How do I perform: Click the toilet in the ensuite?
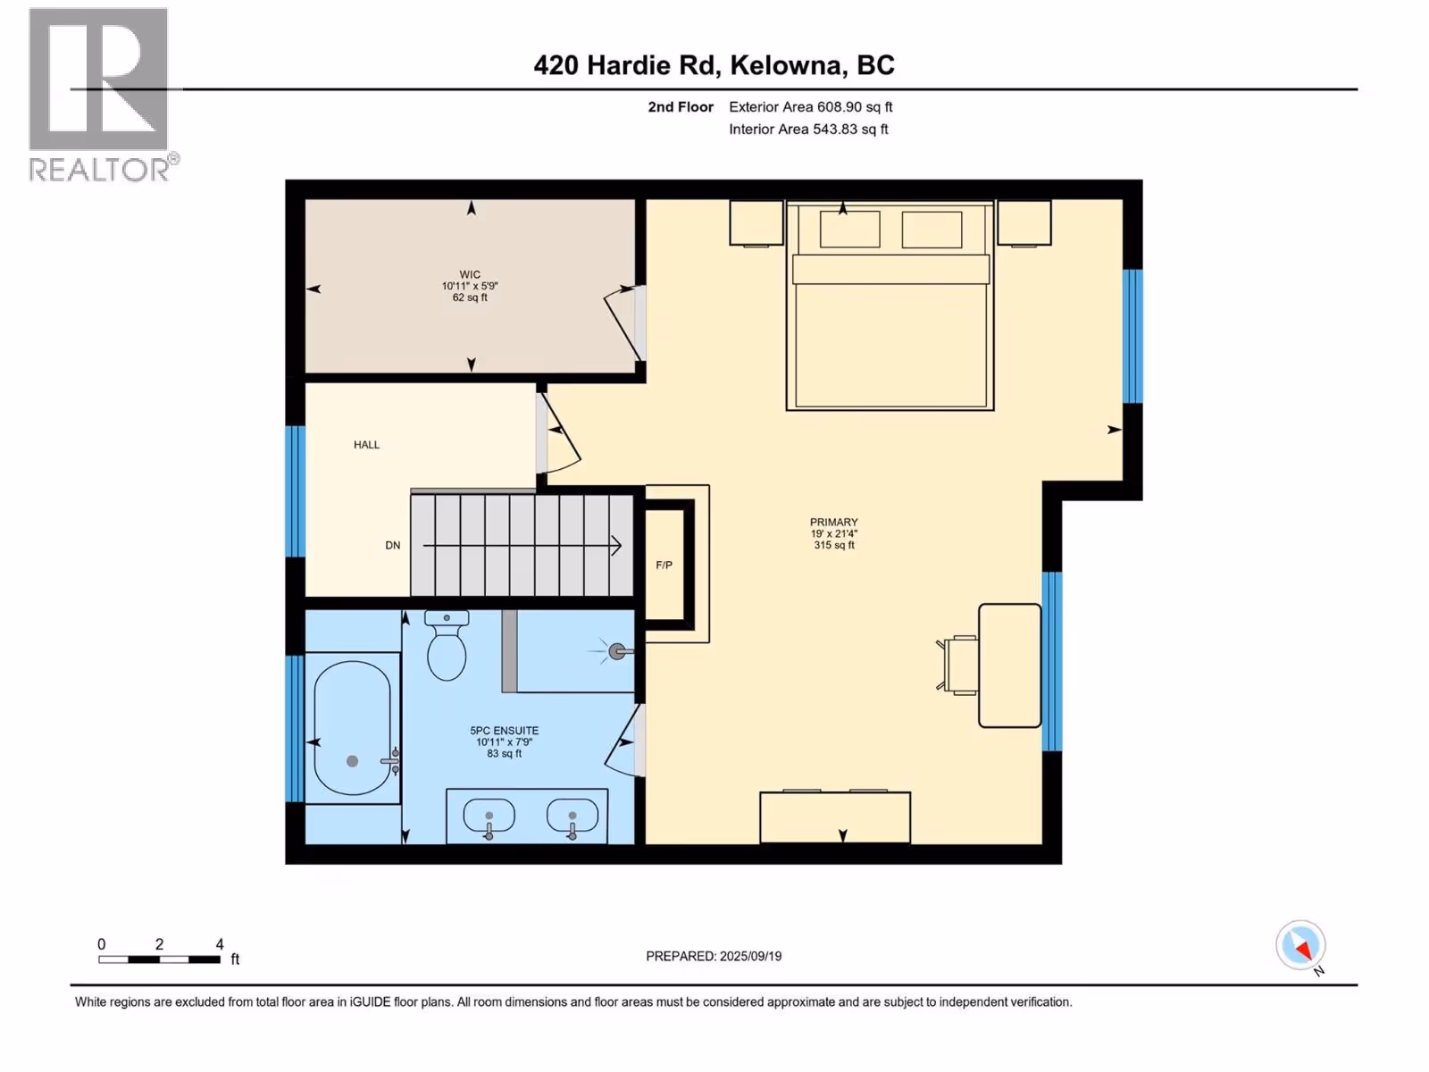tap(447, 645)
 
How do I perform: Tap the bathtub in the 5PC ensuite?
tap(353, 728)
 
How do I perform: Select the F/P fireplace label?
tap(664, 565)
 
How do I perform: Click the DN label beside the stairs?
tap(393, 546)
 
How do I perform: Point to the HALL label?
tap(366, 445)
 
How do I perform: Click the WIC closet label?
tap(470, 274)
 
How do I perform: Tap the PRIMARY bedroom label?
tap(834, 522)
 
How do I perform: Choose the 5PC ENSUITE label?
tap(505, 730)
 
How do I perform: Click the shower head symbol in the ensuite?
tap(615, 651)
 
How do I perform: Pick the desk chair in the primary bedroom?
tap(957, 666)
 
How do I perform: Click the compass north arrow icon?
tap(1300, 946)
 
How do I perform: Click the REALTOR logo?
tap(101, 95)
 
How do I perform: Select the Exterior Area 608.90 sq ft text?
tap(811, 106)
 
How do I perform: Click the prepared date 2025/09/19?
tap(750, 956)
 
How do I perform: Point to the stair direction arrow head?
tap(616, 546)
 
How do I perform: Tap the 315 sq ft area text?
tap(834, 546)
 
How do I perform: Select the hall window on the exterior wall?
tap(295, 491)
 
